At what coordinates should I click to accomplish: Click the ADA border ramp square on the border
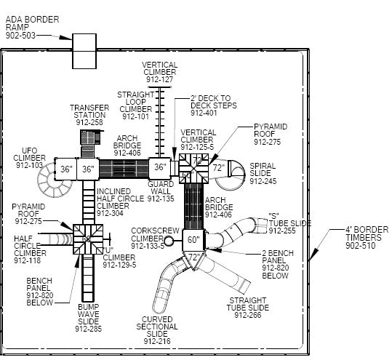(x=84, y=51)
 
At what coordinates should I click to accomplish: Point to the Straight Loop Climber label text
(x=135, y=105)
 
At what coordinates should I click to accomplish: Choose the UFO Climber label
(x=29, y=158)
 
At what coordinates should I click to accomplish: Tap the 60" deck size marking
(x=193, y=239)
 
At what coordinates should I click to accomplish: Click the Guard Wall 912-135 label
(x=160, y=191)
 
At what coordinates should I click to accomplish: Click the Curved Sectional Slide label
(x=156, y=329)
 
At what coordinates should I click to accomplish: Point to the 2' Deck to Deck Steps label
(x=210, y=105)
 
